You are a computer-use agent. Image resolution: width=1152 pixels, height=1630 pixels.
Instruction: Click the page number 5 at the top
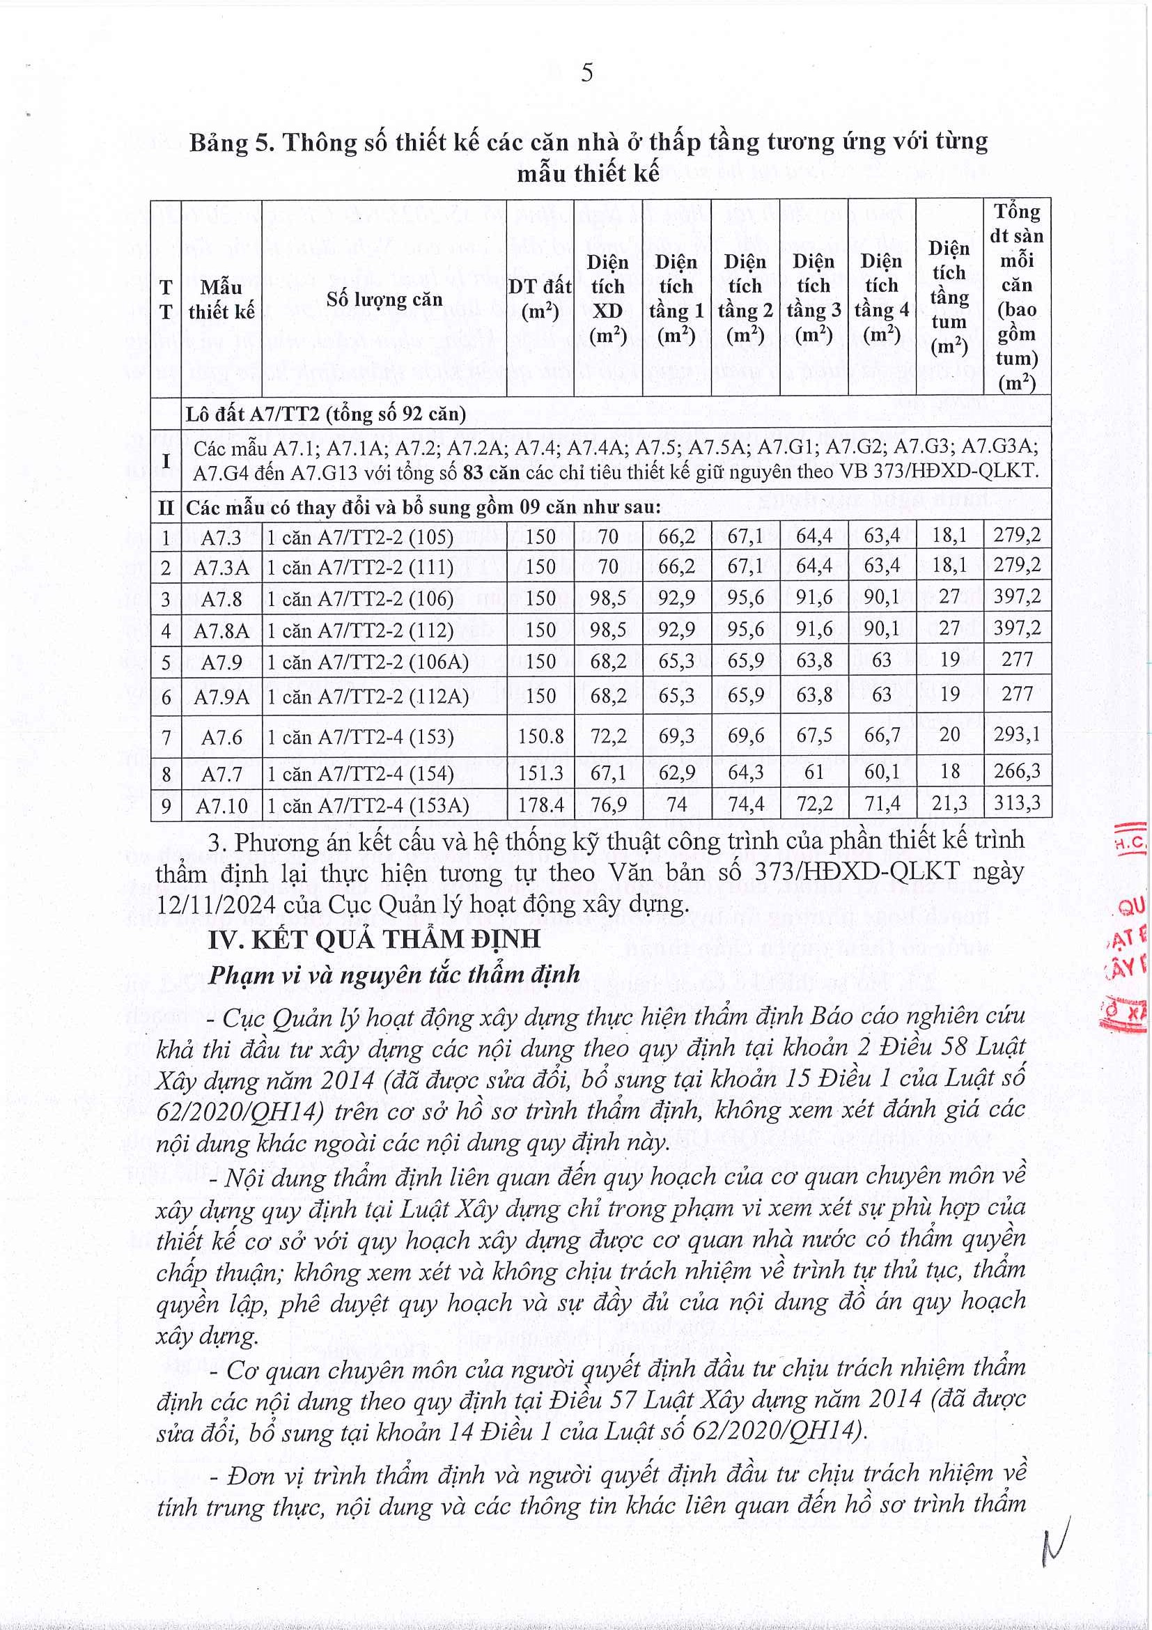pos(586,73)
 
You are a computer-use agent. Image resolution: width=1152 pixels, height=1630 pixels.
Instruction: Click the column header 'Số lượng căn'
pos(384,299)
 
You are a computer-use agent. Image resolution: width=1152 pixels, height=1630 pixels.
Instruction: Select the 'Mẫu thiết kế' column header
pos(221,299)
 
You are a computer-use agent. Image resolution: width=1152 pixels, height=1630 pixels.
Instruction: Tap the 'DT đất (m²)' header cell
pos(540,299)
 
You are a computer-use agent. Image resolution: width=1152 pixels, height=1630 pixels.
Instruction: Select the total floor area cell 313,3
pos(1016,803)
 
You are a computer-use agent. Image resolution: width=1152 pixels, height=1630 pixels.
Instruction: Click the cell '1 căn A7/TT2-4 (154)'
pos(360,773)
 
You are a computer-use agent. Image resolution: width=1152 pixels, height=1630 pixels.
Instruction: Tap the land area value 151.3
pos(540,773)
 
